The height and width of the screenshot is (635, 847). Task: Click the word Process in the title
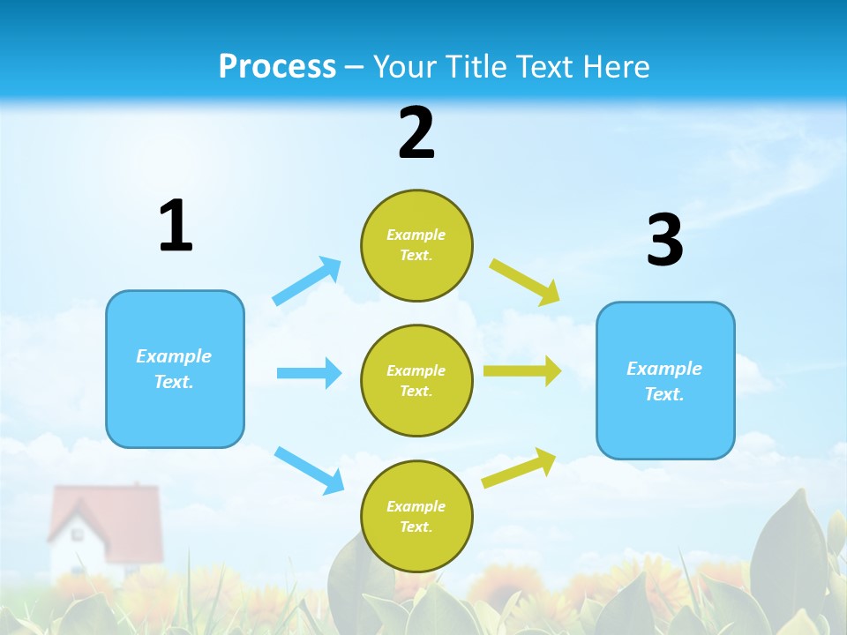tap(277, 66)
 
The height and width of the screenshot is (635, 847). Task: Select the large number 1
tap(175, 226)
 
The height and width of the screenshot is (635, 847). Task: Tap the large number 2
tap(416, 133)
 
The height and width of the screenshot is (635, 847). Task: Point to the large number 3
tap(664, 240)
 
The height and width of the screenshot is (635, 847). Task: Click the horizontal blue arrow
tap(309, 373)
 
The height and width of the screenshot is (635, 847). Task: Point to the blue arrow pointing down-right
tap(310, 470)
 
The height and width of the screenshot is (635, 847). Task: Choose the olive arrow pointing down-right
tap(525, 281)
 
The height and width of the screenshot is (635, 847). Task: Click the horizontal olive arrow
tap(522, 371)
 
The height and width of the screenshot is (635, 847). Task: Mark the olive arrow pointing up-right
tap(519, 467)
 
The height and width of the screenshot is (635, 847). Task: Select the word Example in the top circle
tap(416, 235)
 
